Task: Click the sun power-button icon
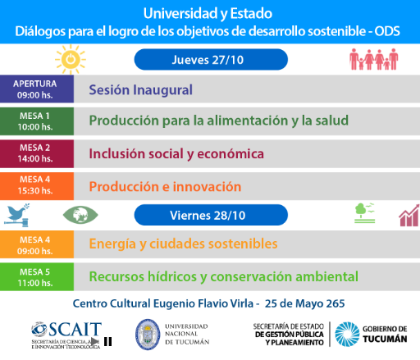[x=71, y=59]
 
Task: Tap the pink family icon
[x=374, y=59]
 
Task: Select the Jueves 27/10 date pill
[x=211, y=60]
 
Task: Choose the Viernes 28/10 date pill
[x=211, y=215]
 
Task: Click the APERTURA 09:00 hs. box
[x=37, y=89]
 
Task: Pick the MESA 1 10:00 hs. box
[x=37, y=121]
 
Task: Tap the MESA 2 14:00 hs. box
[x=37, y=153]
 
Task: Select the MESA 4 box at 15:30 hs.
[x=37, y=186]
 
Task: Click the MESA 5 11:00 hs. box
[x=37, y=277]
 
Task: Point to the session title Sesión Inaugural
[x=141, y=90]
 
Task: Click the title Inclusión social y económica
[x=176, y=153]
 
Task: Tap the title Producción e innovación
[x=165, y=187]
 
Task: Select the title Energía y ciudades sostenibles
[x=183, y=244]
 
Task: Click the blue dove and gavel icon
[x=17, y=215]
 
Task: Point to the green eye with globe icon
[x=80, y=215]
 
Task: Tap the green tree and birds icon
[x=364, y=213]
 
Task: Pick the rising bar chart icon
[x=409, y=216]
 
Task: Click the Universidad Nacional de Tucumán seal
[x=148, y=335]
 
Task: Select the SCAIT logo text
[x=75, y=330]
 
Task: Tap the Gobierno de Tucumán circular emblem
[x=347, y=335]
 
